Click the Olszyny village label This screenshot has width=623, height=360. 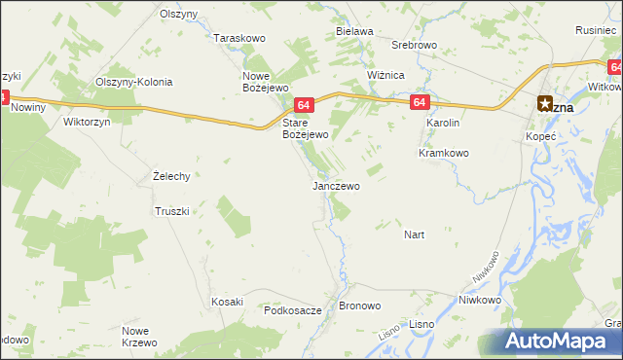coord(179,17)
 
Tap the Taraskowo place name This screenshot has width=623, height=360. coord(239,38)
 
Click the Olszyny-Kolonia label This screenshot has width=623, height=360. coord(132,82)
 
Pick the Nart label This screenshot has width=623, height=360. coord(414,234)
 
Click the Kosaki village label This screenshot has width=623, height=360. coord(227,302)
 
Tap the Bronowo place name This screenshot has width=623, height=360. coord(359,306)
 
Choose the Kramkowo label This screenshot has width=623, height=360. coord(444,153)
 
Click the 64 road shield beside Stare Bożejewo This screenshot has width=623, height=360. coord(304,105)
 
